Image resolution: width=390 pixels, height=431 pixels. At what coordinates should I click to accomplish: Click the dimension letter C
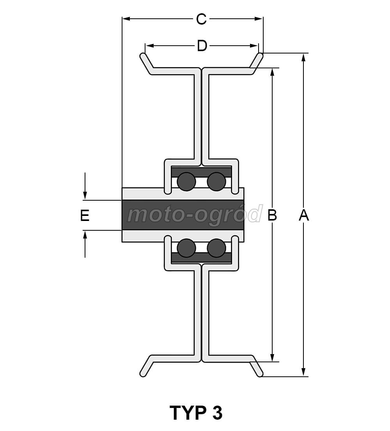pyautogui.click(x=201, y=19)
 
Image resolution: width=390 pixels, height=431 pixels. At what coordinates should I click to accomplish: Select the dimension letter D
pyautogui.click(x=202, y=46)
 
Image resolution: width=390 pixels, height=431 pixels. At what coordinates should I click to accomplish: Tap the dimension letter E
pyautogui.click(x=85, y=215)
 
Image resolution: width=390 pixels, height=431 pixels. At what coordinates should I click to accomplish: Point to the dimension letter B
pyautogui.click(x=272, y=215)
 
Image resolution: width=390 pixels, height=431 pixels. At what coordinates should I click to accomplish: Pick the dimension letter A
pyautogui.click(x=304, y=215)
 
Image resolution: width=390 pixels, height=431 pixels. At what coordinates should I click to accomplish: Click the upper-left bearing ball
pyautogui.click(x=186, y=182)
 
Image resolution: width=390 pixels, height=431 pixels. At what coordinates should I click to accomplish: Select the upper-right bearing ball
pyautogui.click(x=216, y=182)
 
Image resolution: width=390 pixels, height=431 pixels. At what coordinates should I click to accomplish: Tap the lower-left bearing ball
pyautogui.click(x=186, y=248)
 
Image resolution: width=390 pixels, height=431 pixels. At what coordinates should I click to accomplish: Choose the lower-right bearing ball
pyautogui.click(x=216, y=248)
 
